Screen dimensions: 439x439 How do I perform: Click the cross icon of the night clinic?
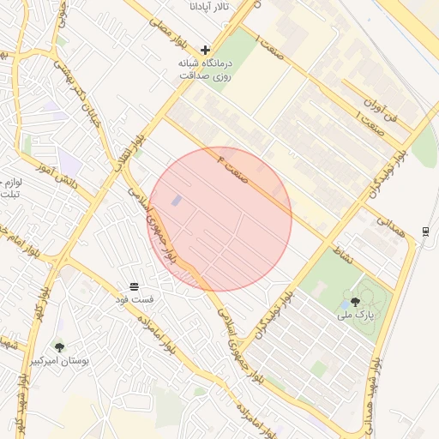click(x=205, y=51)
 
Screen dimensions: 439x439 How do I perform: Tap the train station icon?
click(x=425, y=231)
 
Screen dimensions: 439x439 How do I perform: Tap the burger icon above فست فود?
click(x=135, y=286)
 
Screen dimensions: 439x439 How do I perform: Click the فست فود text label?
click(x=135, y=300)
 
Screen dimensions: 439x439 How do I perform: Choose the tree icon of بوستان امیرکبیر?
click(x=59, y=347)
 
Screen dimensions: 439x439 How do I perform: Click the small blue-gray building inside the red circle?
click(x=177, y=201)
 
